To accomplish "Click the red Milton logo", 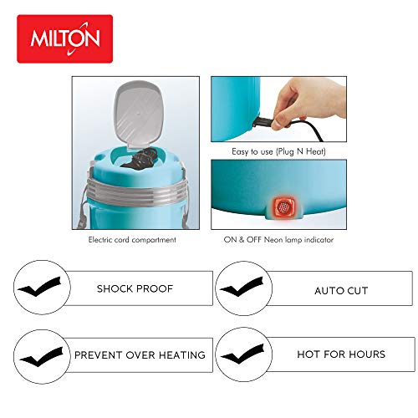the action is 64,38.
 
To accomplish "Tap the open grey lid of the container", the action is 139,114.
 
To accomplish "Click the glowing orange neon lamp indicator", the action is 283,206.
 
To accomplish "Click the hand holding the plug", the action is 309,103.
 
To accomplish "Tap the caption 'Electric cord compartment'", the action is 132,240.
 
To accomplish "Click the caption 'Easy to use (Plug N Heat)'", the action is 278,151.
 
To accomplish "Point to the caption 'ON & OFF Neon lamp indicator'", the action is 278,240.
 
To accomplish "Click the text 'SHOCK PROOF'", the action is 135,288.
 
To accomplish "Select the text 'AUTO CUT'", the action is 341,291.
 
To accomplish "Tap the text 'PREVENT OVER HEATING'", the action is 140,355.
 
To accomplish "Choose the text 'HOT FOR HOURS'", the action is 341,354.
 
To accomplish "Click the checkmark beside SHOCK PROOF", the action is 39,287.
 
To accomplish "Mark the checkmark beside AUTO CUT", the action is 242,287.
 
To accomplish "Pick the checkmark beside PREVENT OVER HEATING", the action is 42,357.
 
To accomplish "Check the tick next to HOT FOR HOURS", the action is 243,354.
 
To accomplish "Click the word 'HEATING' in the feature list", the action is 182,355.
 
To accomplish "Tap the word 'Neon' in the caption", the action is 273,240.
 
